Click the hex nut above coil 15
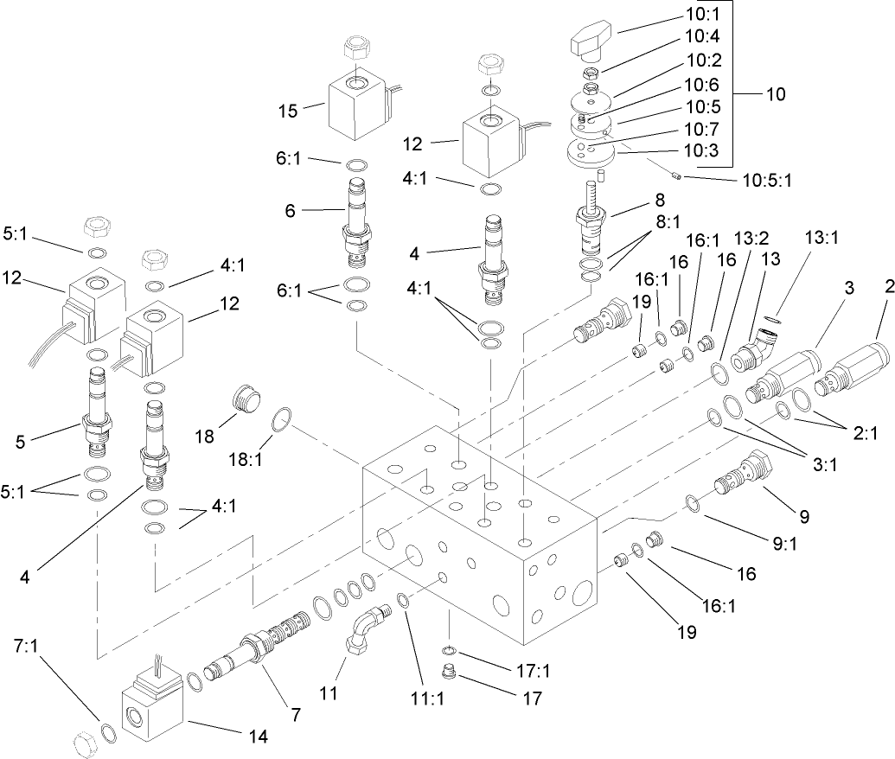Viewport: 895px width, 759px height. click(357, 48)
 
